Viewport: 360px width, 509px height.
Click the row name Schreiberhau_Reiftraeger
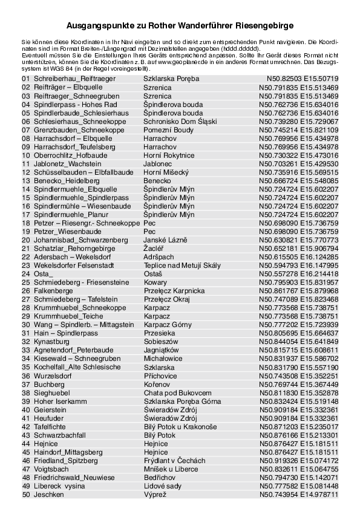tap(70, 79)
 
